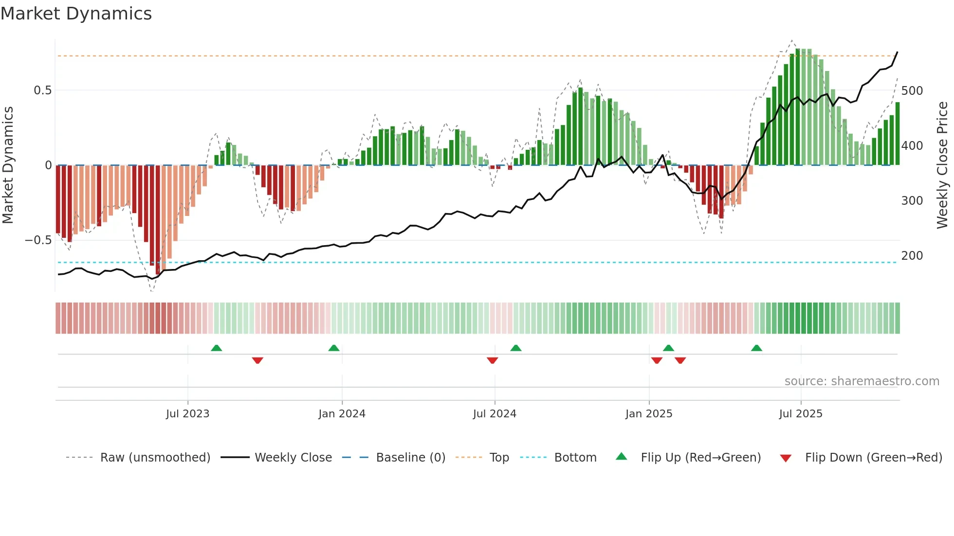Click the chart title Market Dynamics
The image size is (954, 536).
[76, 14]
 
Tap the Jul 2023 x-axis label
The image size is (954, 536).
[187, 414]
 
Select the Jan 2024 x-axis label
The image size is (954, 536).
[342, 414]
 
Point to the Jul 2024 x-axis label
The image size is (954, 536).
[495, 414]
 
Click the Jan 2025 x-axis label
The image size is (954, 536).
[649, 414]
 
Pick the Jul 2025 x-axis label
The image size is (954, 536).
[801, 414]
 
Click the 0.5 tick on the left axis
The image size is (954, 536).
[42, 90]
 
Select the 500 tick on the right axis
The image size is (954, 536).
[912, 91]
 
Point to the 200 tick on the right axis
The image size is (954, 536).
[912, 256]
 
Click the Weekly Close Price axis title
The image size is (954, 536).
[942, 165]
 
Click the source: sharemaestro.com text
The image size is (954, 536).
[862, 381]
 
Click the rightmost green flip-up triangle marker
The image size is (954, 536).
[756, 348]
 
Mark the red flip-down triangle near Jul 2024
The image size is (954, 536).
[492, 360]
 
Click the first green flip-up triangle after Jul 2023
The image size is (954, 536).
[217, 348]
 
